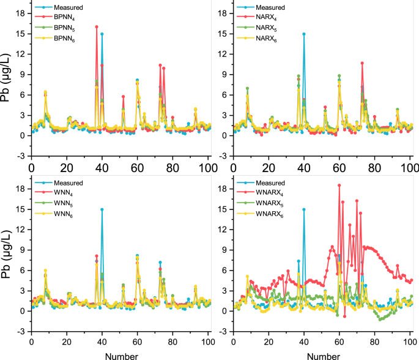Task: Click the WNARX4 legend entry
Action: tap(270, 193)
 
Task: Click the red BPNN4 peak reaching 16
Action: tap(97, 27)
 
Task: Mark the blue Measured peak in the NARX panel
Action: tap(304, 34)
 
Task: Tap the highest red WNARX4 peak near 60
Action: tap(339, 185)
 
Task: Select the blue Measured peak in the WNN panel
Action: tap(102, 209)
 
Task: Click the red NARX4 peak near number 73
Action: tap(362, 63)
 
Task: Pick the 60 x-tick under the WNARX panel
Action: tap(339, 342)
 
